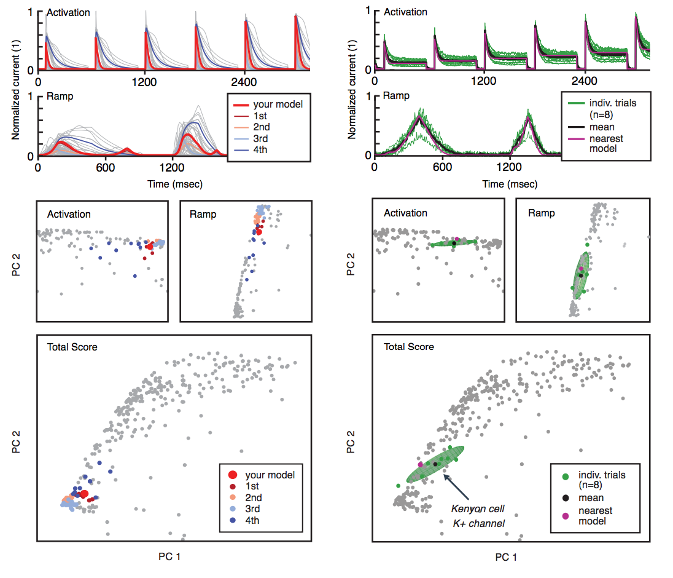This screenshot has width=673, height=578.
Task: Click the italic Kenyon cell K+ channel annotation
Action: click(478, 515)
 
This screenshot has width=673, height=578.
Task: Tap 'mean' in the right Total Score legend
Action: click(591, 498)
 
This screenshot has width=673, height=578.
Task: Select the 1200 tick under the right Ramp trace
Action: click(508, 167)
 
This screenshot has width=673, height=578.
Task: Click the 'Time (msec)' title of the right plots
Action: click(508, 184)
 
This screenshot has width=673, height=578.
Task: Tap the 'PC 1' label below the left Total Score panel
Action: click(169, 556)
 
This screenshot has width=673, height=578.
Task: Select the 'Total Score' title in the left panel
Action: click(72, 347)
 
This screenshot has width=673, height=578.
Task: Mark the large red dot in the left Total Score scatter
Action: click(84, 493)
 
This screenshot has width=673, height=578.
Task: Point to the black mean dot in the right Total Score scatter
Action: click(435, 464)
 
